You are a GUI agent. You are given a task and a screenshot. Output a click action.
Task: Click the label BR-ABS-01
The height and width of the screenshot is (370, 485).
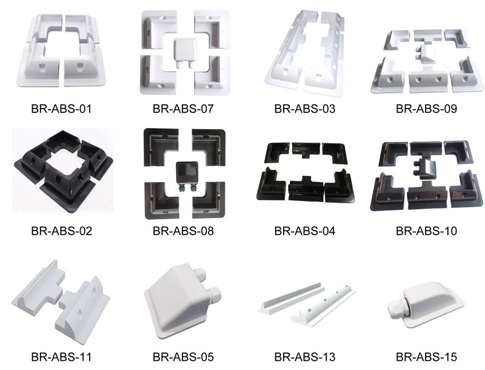(61, 110)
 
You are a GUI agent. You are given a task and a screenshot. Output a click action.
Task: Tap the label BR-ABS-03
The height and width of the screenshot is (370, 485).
(304, 110)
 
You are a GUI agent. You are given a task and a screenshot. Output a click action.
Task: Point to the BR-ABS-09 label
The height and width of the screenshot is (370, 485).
(426, 110)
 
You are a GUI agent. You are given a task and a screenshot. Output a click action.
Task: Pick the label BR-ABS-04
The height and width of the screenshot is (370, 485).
(304, 231)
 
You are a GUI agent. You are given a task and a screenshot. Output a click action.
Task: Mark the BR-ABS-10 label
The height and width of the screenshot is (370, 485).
(426, 231)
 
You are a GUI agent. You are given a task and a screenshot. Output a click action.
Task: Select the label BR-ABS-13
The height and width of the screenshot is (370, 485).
(304, 357)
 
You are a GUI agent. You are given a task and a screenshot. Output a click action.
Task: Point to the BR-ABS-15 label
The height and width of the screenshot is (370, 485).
(426, 357)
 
